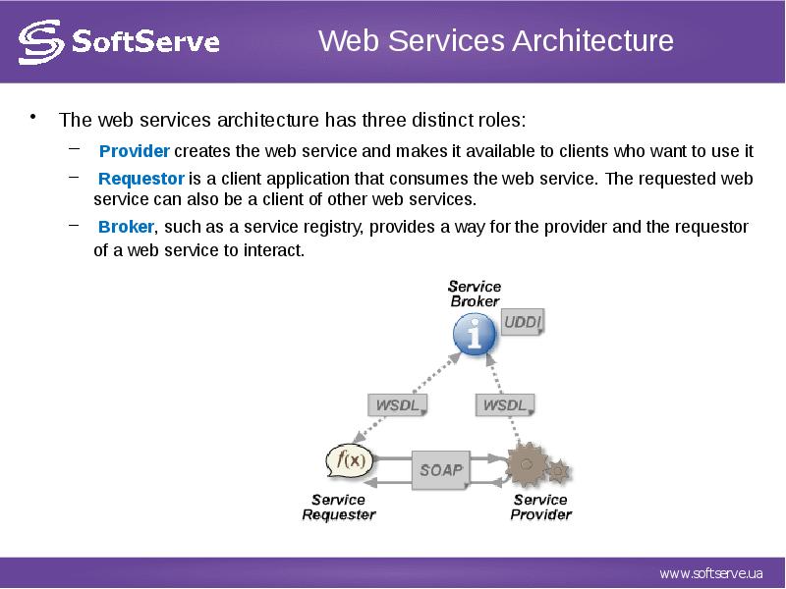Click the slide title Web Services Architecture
pos(496,41)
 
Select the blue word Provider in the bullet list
pos(135,151)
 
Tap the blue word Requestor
pos(141,179)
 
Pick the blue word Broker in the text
pos(126,227)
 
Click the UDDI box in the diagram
pos(523,322)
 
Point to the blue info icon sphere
pos(475,334)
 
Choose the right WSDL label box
pos(504,404)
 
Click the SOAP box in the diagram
pos(440,469)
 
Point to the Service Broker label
pos(475,294)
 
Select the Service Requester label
pos(338,507)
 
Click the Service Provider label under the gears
pos(540,507)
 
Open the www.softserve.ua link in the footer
pos(709,573)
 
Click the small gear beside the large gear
pos(558,471)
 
